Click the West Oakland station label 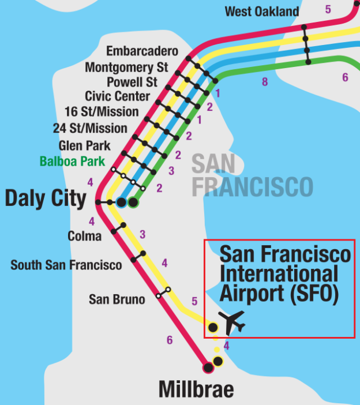262,12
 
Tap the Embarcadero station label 142,52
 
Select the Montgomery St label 127,67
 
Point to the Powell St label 132,81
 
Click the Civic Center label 117,96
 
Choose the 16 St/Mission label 109,111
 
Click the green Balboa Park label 73,161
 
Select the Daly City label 46,198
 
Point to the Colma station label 84,235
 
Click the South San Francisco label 66,265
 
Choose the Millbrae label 196,389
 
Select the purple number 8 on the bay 265,82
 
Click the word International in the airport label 279,273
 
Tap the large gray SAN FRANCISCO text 252,175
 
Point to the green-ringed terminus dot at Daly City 133,202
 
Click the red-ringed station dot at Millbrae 208,367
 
